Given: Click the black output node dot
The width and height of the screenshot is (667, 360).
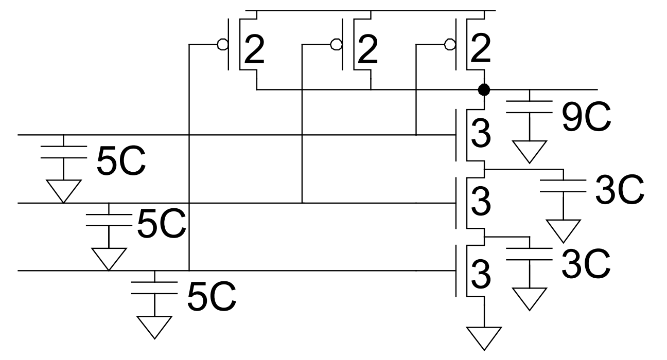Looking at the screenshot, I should pyautogui.click(x=483, y=90).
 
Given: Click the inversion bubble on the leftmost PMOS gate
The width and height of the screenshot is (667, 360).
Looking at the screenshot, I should pyautogui.click(x=222, y=45).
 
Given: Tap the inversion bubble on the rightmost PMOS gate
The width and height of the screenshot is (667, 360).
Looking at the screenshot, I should pyautogui.click(x=450, y=45).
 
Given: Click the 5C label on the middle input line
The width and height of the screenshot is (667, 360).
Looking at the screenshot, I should pyautogui.click(x=161, y=226).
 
